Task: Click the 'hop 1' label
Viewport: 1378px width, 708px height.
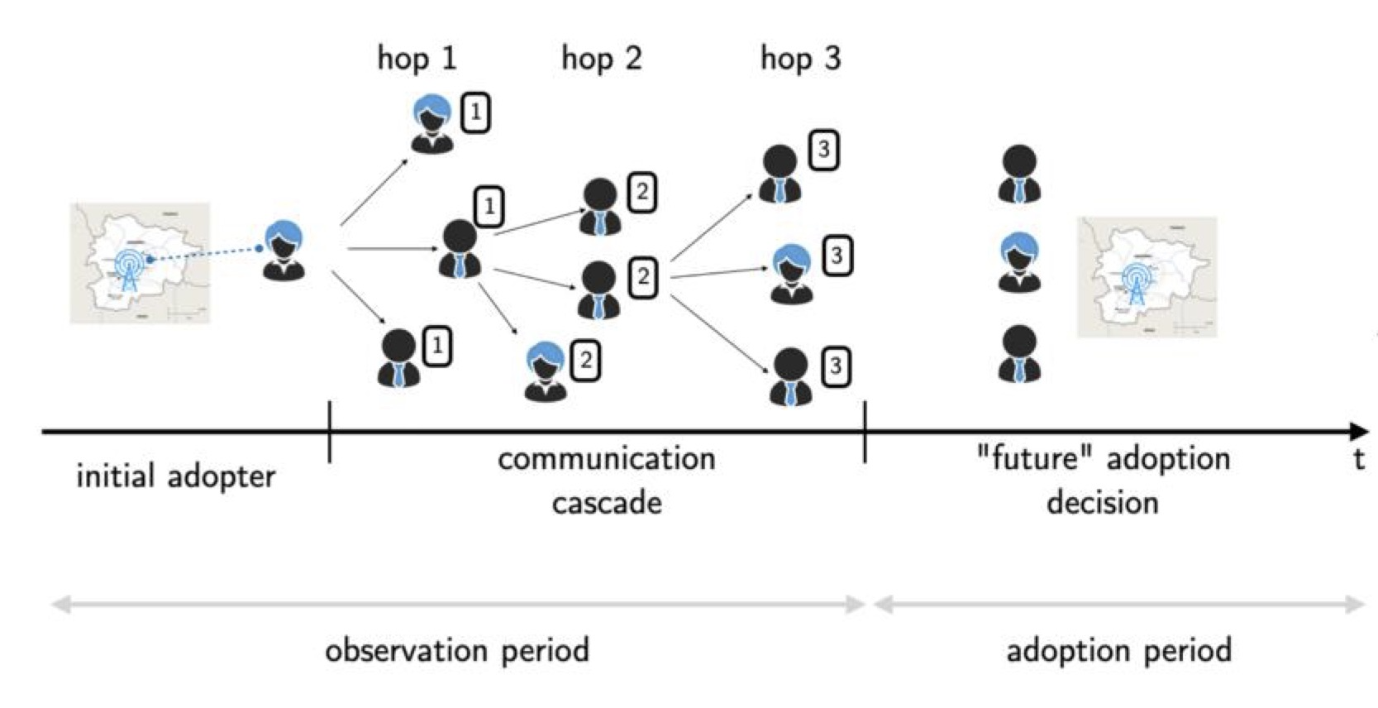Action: pyautogui.click(x=417, y=59)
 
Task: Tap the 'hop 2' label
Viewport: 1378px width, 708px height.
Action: pyautogui.click(x=601, y=59)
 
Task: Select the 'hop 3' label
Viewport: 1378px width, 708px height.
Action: pyautogui.click(x=800, y=59)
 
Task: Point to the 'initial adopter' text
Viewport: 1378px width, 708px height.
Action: pyautogui.click(x=175, y=477)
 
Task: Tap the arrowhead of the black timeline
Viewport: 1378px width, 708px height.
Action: pyautogui.click(x=1357, y=431)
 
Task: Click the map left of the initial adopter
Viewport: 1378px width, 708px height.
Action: pyautogui.click(x=140, y=263)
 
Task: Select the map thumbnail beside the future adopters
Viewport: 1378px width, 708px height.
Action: pyautogui.click(x=1147, y=277)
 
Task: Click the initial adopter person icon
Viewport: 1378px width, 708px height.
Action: pyautogui.click(x=284, y=250)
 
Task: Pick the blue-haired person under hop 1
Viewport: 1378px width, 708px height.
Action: pyautogui.click(x=432, y=124)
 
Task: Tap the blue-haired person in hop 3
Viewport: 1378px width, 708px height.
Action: pyautogui.click(x=792, y=274)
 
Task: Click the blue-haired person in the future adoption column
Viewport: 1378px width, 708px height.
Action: pyautogui.click(x=1019, y=262)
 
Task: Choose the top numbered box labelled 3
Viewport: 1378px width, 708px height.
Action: pyautogui.click(x=823, y=151)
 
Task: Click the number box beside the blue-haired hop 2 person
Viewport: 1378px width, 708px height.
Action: pyautogui.click(x=585, y=361)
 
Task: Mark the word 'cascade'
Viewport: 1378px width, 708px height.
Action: pyautogui.click(x=607, y=503)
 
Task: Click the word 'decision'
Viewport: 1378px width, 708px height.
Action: pyautogui.click(x=1102, y=503)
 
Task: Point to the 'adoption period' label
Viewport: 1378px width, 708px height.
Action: pyautogui.click(x=1118, y=651)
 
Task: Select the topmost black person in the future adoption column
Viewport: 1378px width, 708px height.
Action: pyautogui.click(x=1019, y=175)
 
